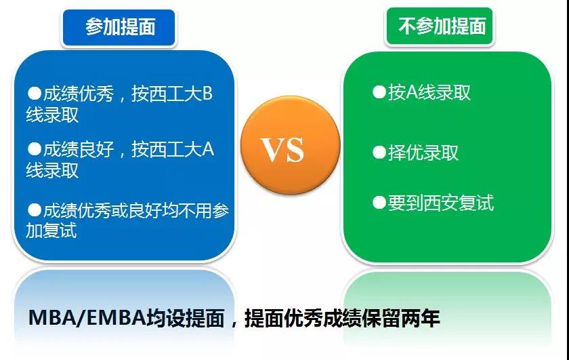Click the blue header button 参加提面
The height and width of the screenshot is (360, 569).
[x=119, y=28]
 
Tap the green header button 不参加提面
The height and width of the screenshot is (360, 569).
[x=440, y=26]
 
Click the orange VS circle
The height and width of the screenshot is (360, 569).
[x=291, y=145]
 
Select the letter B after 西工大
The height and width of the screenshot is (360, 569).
[x=207, y=94]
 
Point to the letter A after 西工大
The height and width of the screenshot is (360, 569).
[x=207, y=149]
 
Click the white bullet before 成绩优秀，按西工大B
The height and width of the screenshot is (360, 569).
[x=35, y=94]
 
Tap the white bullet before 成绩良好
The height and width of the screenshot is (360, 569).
[x=35, y=149]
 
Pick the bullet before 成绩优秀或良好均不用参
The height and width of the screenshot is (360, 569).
[x=35, y=209]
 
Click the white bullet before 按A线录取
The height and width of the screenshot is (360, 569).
[x=379, y=92]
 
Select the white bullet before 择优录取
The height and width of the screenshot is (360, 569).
[x=379, y=153]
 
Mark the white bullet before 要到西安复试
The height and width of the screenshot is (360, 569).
[x=379, y=203]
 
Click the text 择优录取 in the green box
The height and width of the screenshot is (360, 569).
[x=423, y=153]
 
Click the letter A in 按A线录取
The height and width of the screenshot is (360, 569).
[x=412, y=92]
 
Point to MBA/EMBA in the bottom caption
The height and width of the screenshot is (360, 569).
[x=87, y=318]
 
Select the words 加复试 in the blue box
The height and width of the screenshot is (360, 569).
[x=51, y=231]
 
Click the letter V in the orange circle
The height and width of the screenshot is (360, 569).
[x=273, y=149]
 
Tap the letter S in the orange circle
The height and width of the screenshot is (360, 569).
[x=295, y=149]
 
